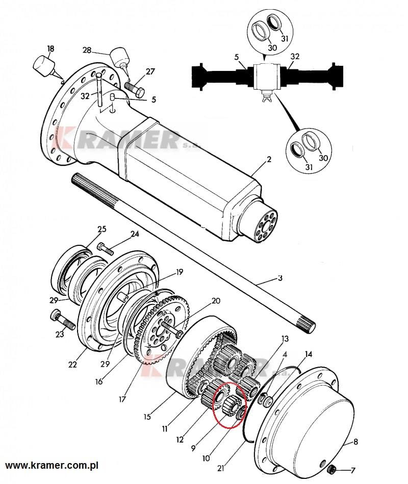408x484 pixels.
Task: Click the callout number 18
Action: click(x=50, y=48)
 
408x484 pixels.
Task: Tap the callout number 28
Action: click(x=87, y=49)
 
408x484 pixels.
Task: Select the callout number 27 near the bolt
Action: click(x=150, y=71)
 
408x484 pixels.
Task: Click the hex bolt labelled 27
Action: click(x=134, y=87)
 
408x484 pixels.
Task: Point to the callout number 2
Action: click(x=269, y=160)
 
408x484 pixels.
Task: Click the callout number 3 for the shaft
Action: click(x=280, y=278)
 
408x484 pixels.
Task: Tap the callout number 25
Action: click(x=102, y=229)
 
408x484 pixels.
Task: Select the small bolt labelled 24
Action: click(x=105, y=249)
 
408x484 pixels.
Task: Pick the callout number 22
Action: click(x=72, y=365)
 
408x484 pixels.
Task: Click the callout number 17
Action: click(x=122, y=399)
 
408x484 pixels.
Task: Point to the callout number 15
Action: click(x=147, y=417)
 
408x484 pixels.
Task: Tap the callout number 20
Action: click(x=216, y=300)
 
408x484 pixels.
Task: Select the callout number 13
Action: click(x=285, y=339)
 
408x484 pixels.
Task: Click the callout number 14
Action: click(x=309, y=354)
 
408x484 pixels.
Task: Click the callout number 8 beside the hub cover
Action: click(x=355, y=442)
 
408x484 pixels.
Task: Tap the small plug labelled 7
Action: click(x=331, y=470)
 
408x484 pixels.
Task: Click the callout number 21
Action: click(x=221, y=468)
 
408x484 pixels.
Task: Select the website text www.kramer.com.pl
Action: click(x=52, y=465)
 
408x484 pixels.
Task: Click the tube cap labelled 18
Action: click(x=44, y=66)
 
